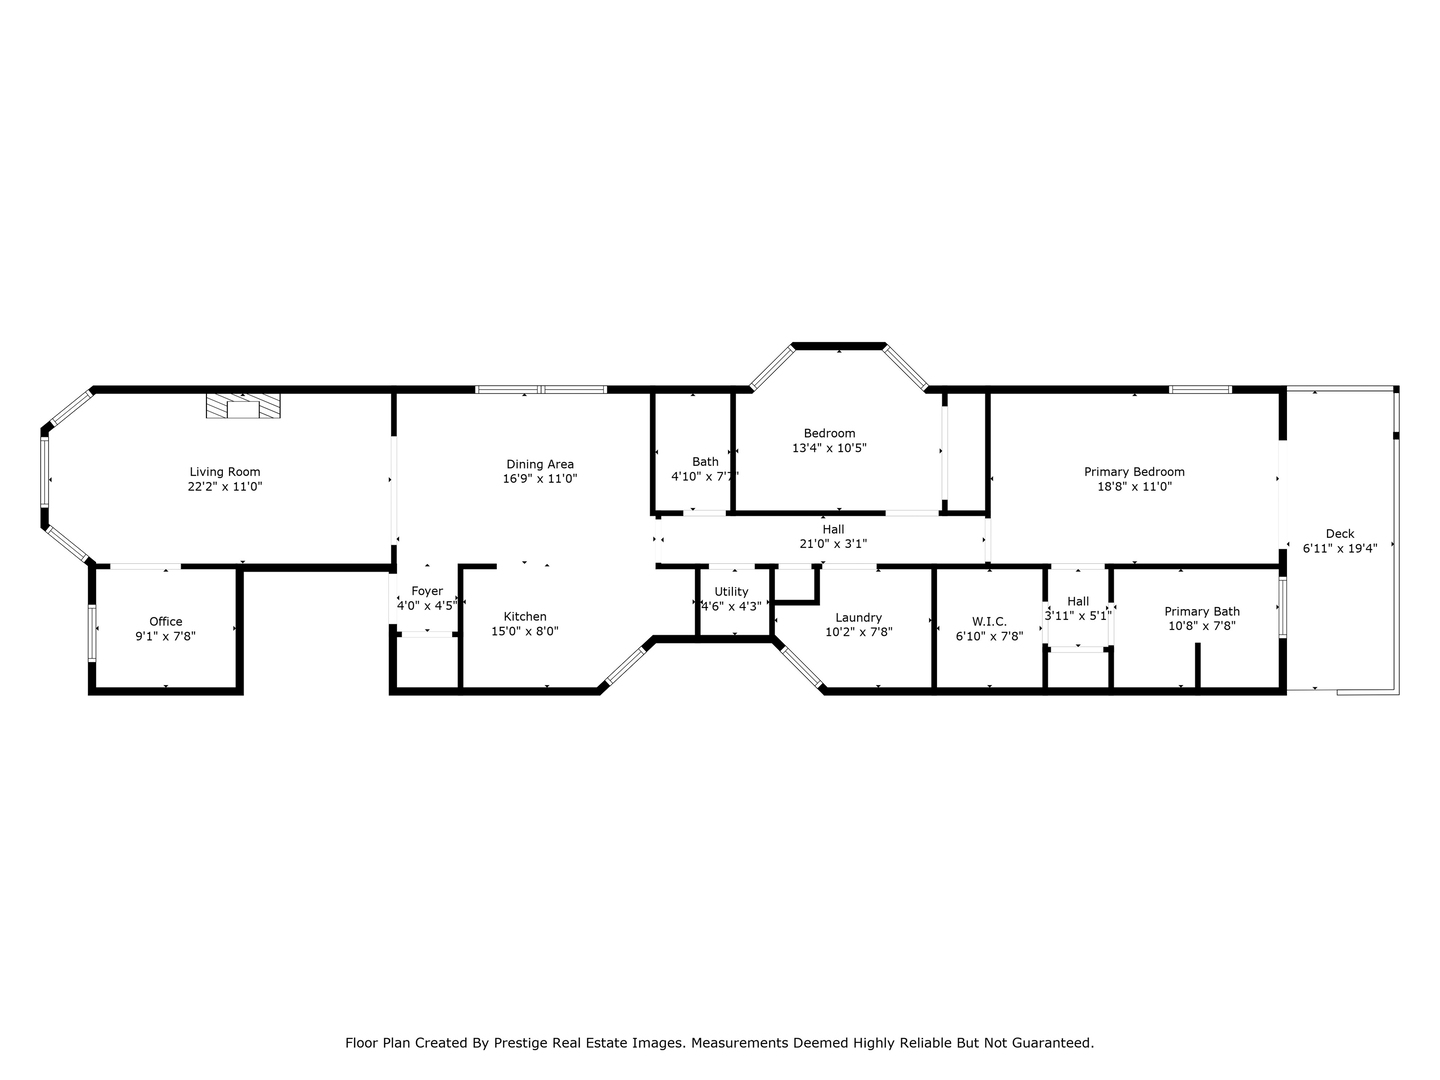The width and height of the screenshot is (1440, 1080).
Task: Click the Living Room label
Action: (x=225, y=472)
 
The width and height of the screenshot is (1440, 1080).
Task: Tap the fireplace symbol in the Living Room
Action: (x=243, y=406)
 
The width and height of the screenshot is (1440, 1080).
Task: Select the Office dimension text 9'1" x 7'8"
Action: (x=165, y=636)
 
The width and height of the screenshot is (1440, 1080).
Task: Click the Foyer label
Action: (x=427, y=591)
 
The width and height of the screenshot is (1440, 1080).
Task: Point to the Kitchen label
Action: (x=525, y=617)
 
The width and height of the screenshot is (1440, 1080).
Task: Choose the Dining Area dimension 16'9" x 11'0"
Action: (x=540, y=479)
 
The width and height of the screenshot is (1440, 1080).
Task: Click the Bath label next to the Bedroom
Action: (x=705, y=461)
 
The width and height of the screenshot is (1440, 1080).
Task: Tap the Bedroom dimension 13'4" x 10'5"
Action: (x=829, y=448)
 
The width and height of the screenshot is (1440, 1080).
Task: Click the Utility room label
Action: (x=731, y=591)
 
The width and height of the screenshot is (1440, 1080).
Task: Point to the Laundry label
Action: (x=858, y=617)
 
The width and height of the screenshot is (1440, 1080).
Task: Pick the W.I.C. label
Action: (x=989, y=621)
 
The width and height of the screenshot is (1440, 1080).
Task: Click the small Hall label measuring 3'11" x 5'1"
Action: (x=1078, y=601)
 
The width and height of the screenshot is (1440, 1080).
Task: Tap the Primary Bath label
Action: (x=1201, y=611)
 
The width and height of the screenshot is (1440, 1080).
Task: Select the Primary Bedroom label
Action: (x=1134, y=472)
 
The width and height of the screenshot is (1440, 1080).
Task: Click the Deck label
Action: (x=1339, y=533)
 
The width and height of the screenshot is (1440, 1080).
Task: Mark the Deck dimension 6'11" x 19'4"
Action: (x=1339, y=548)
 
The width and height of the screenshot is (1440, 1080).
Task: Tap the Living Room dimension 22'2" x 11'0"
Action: (x=225, y=487)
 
